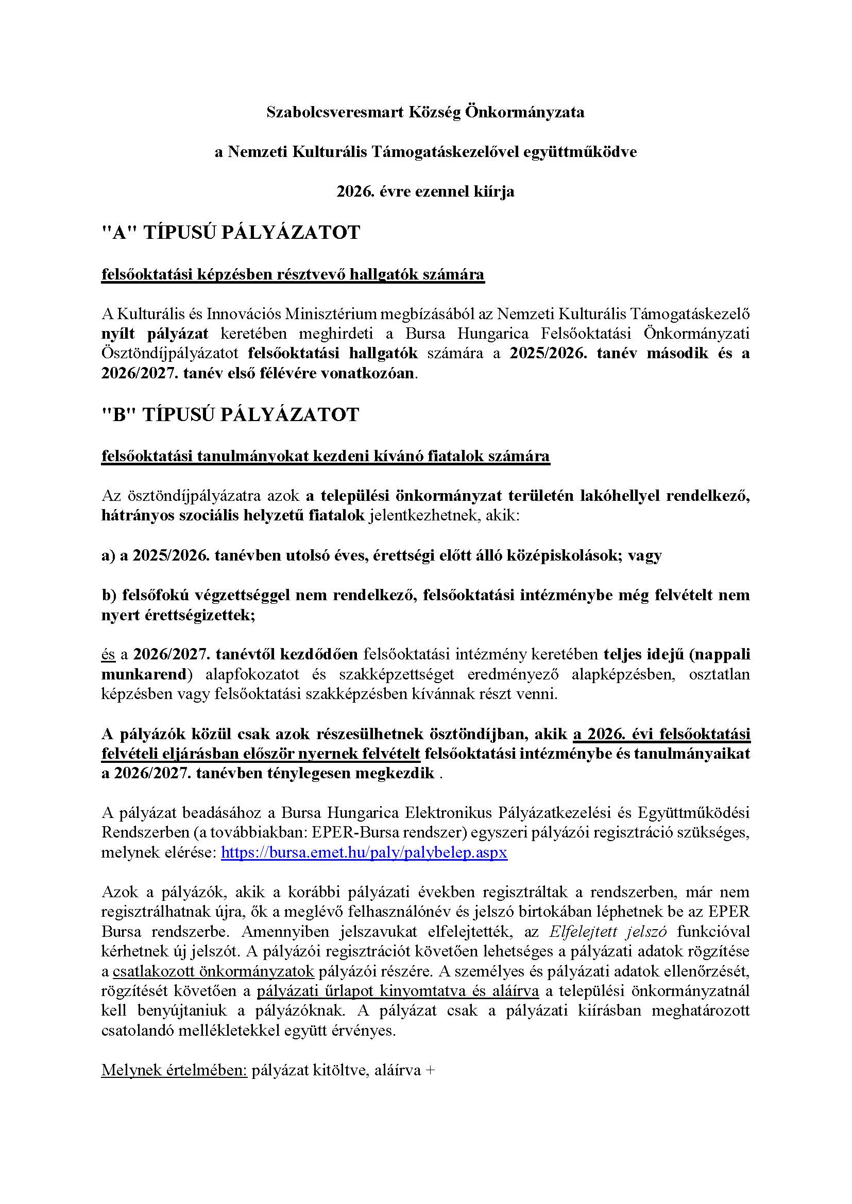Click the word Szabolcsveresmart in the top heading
point(334,113)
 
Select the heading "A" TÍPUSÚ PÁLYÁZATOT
point(231,232)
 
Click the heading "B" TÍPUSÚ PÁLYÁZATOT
point(230,414)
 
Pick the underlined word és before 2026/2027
point(109,654)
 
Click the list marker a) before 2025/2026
point(109,555)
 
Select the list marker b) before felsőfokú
point(109,595)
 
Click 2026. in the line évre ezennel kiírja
point(352,192)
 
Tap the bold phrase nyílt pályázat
point(155,334)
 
